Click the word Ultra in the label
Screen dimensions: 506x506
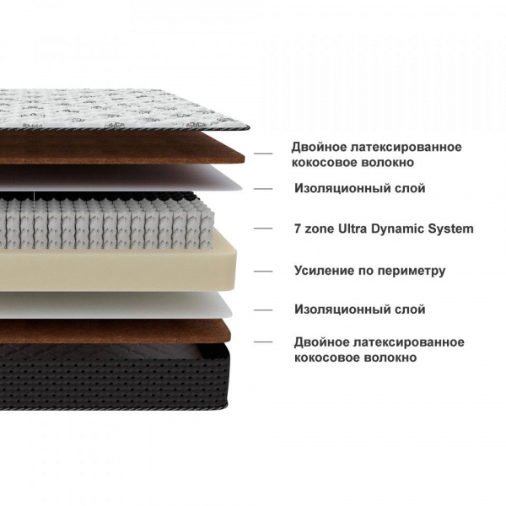pyautogui.click(x=353, y=229)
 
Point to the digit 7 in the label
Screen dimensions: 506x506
pyautogui.click(x=298, y=229)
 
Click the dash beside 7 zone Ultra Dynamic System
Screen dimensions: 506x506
pyautogui.click(x=263, y=229)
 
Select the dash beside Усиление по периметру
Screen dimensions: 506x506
pyautogui.click(x=263, y=271)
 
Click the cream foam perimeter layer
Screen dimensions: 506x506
pyautogui.click(x=118, y=270)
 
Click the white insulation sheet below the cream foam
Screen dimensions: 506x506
pyautogui.click(x=116, y=305)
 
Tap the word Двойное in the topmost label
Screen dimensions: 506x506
pyautogui.click(x=319, y=148)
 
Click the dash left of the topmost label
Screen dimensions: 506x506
pyautogui.click(x=263, y=153)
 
